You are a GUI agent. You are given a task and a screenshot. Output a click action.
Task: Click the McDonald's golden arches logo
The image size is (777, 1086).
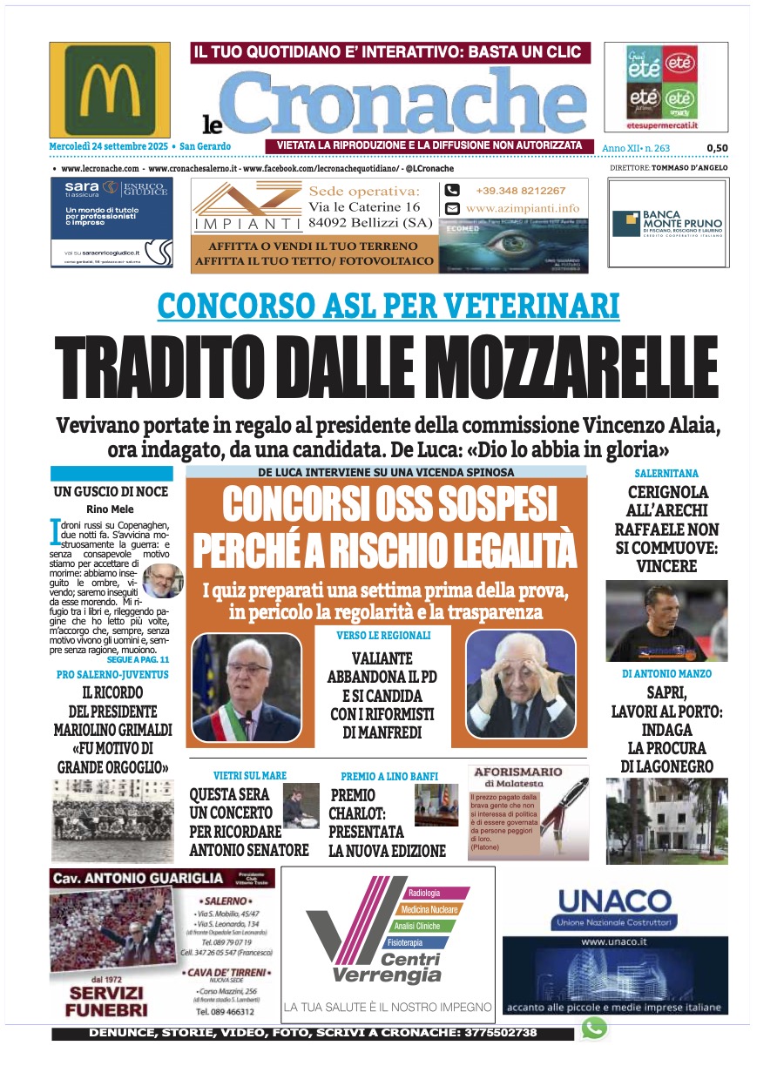(x=110, y=90)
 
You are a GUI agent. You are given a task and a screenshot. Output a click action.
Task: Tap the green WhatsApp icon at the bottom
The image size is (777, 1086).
(x=594, y=1029)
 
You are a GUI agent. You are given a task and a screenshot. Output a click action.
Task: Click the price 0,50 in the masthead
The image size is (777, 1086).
(x=717, y=148)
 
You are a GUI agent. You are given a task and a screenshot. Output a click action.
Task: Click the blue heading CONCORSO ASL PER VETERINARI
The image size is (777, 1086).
(x=388, y=306)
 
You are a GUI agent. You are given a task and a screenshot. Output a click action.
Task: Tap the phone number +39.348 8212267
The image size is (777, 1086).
(x=520, y=191)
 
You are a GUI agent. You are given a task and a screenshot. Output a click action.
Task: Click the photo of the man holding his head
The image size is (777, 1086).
(x=520, y=686)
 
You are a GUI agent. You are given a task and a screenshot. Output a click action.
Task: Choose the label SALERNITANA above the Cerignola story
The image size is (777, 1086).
(x=666, y=473)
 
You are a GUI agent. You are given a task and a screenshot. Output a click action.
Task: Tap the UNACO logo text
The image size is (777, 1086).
(x=614, y=901)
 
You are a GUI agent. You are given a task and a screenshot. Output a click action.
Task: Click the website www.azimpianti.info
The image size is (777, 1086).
(x=522, y=208)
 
